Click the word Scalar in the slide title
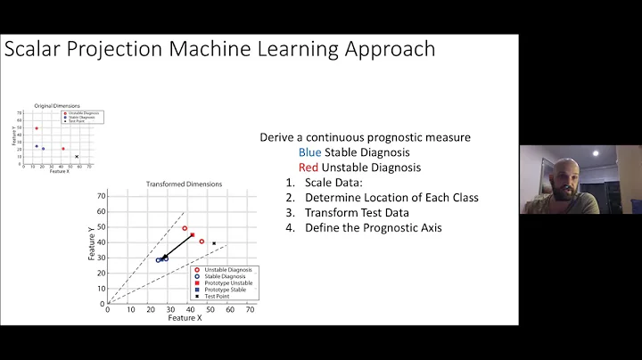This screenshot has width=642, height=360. pyautogui.click(x=35, y=48)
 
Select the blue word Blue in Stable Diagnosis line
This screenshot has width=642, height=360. pyautogui.click(x=309, y=152)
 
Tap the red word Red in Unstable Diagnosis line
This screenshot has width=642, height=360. pyautogui.click(x=309, y=167)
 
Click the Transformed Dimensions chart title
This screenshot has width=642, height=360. pyautogui.click(x=184, y=184)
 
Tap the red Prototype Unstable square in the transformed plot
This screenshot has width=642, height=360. pyautogui.click(x=192, y=235)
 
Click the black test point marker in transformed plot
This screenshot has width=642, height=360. pyautogui.click(x=214, y=243)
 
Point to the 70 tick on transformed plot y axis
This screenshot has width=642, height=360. pyautogui.click(x=102, y=195)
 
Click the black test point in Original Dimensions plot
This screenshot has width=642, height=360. pyautogui.click(x=77, y=157)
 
